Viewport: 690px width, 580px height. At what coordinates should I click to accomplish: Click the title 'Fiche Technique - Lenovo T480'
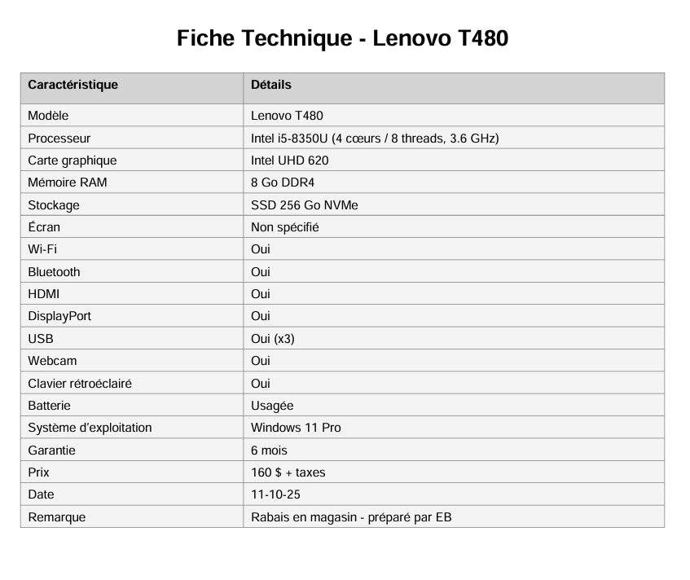click(x=343, y=38)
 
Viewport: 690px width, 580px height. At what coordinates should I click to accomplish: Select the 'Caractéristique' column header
click(x=73, y=85)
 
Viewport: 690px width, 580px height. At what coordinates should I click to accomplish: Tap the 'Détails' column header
click(x=270, y=85)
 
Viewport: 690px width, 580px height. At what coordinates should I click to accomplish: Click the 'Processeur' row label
click(x=59, y=138)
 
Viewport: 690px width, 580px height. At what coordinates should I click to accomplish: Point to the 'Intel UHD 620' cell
click(x=289, y=160)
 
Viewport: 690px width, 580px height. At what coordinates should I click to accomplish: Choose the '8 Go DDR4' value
click(x=282, y=182)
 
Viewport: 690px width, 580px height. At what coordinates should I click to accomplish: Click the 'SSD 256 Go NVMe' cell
click(x=304, y=205)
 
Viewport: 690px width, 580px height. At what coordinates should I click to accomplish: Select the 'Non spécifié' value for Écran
click(x=284, y=227)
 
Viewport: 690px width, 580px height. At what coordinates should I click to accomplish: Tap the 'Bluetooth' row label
click(x=54, y=272)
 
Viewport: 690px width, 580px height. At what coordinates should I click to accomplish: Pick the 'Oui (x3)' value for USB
click(x=272, y=339)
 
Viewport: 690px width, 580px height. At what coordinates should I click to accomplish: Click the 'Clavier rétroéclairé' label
click(x=80, y=384)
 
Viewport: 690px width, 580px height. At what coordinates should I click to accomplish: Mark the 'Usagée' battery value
click(x=272, y=406)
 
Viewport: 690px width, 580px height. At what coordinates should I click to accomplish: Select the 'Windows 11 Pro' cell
click(x=296, y=428)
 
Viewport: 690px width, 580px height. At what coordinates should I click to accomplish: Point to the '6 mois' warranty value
click(x=269, y=450)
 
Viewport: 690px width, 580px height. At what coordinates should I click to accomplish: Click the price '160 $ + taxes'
click(x=288, y=472)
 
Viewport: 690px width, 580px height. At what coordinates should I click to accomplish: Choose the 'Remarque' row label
click(x=56, y=517)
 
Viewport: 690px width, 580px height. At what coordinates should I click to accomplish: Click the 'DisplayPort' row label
click(x=59, y=316)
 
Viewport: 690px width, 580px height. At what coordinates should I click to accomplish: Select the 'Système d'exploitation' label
click(x=90, y=428)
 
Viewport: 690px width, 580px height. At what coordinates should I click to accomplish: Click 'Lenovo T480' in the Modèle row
click(x=287, y=116)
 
